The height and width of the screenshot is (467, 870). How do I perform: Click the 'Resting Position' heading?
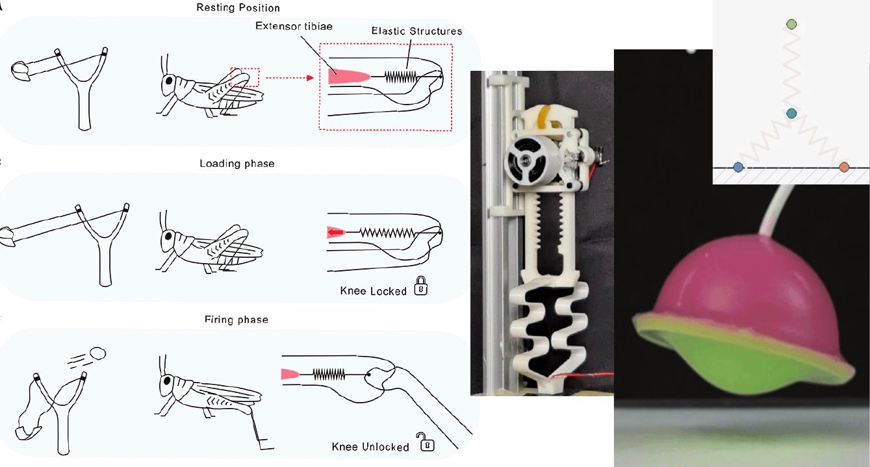(238, 8)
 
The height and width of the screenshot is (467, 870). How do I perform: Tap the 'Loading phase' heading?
(237, 164)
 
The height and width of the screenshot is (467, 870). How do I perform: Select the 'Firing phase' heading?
(236, 320)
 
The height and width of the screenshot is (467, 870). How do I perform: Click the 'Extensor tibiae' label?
(294, 26)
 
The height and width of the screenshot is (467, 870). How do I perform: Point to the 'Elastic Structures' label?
(416, 31)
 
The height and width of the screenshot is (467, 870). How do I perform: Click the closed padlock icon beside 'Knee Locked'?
(421, 286)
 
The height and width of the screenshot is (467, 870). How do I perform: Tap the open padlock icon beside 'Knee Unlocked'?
(426, 442)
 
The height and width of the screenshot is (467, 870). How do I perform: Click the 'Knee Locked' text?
(373, 291)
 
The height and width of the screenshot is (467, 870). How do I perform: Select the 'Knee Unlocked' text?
(370, 447)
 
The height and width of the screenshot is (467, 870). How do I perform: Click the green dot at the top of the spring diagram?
(791, 25)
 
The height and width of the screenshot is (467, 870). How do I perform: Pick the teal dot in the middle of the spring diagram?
(791, 114)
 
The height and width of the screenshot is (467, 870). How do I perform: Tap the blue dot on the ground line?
(738, 168)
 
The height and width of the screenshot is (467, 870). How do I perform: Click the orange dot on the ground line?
(843, 168)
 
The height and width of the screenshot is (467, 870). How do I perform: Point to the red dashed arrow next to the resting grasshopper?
(290, 78)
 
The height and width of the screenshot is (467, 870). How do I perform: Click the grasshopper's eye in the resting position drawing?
(170, 81)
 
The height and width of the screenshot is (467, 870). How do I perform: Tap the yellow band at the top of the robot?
(547, 116)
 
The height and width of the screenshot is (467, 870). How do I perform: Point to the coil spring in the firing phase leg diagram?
(329, 375)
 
